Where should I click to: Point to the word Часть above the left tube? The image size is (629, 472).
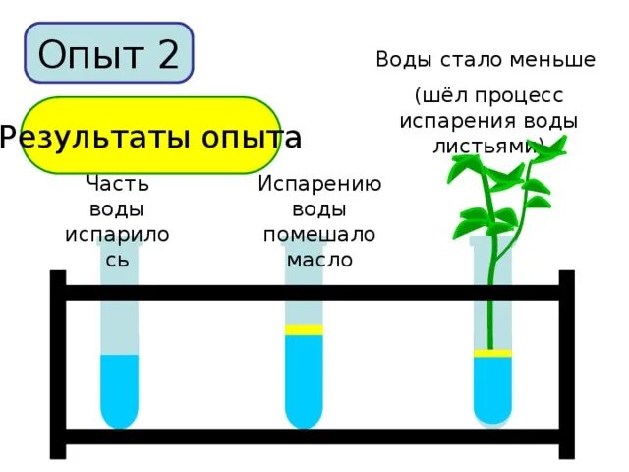[118, 183]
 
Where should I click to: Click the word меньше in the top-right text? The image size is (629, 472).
[551, 59]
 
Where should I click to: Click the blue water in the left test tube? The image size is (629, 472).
[119, 388]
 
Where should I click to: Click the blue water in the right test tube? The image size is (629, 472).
[492, 388]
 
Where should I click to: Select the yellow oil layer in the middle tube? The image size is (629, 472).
[304, 330]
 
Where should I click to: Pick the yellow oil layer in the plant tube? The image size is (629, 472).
[492, 353]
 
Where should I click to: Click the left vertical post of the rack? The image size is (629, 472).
[58, 364]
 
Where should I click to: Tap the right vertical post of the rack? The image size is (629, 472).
[566, 364]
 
